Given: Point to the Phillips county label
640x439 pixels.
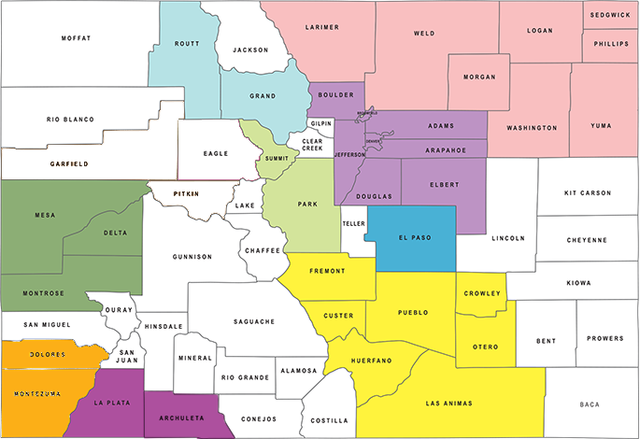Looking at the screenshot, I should coord(611,43).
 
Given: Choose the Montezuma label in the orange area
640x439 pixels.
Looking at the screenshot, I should coord(36,393).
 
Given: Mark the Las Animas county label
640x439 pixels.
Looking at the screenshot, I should coord(448,404).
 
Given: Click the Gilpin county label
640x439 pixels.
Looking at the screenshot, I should coord(320,123).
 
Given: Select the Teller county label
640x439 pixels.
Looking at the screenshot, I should coord(353,224).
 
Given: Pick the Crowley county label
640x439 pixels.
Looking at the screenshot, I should coord(483,293).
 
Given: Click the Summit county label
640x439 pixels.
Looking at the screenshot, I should coord(277,159).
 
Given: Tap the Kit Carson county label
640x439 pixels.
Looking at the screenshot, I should coord(587,193).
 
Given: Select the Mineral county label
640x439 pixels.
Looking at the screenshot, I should coord(196,358).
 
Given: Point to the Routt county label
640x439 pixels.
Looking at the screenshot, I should coord(186,44).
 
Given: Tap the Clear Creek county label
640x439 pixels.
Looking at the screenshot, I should coord(311,143).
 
